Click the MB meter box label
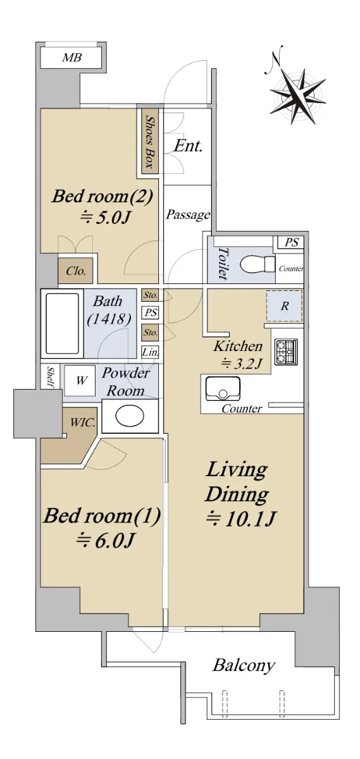click(x=72, y=58)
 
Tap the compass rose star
click(x=298, y=97)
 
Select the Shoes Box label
click(x=149, y=141)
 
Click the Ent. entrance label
click(x=188, y=146)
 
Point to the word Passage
click(x=188, y=215)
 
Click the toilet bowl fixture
click(x=258, y=264)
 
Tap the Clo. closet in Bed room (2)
click(x=75, y=271)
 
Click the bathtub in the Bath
click(x=63, y=324)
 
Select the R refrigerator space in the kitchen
click(x=284, y=306)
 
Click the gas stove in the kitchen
click(x=286, y=352)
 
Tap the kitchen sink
click(x=222, y=388)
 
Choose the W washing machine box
click(x=80, y=381)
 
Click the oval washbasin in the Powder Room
click(x=130, y=416)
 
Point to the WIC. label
click(x=82, y=423)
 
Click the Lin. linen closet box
click(x=150, y=352)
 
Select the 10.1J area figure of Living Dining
click(x=240, y=519)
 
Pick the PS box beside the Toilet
click(x=290, y=242)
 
